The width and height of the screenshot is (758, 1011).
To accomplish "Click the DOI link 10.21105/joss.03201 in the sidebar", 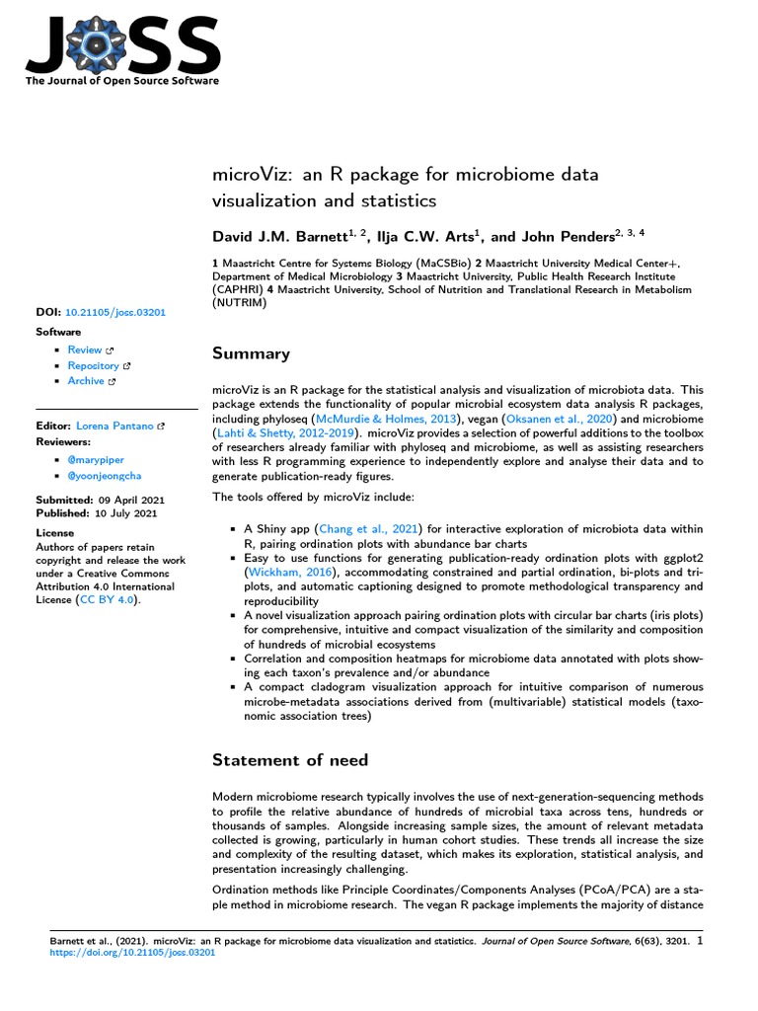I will pyautogui.click(x=115, y=312).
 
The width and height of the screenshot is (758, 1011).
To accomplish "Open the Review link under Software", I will pyautogui.click(x=85, y=350).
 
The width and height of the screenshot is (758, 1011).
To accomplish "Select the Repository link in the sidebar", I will pyautogui.click(x=93, y=365).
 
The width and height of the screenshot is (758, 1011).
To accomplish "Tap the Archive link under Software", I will pyautogui.click(x=86, y=381).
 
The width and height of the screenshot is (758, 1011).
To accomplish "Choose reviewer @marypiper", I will pyautogui.click(x=96, y=460).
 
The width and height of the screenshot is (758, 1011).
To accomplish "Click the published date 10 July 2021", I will pyautogui.click(x=124, y=514).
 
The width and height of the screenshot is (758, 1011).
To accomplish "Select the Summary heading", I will pyautogui.click(x=252, y=353).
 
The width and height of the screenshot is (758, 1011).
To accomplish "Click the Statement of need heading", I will pyautogui.click(x=290, y=759).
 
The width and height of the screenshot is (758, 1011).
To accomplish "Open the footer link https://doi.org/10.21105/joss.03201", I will pyautogui.click(x=135, y=954).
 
